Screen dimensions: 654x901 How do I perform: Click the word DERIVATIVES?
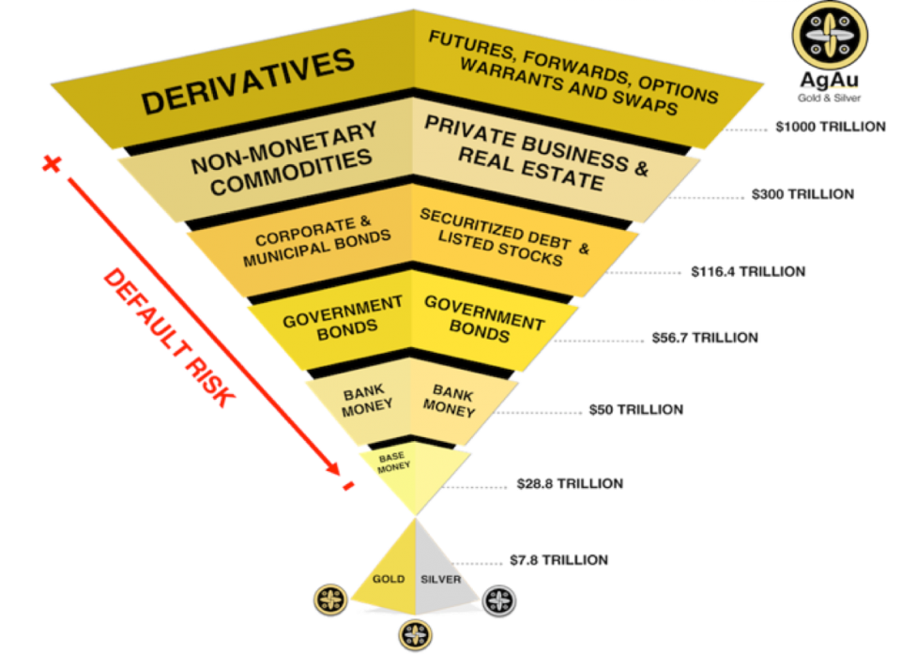pos(249,84)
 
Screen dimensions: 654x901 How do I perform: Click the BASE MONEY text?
pos(394,461)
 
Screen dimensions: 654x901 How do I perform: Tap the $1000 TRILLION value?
pos(831,126)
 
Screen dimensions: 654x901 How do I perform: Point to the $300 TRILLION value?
pos(803,194)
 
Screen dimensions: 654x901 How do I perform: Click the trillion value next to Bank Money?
pos(635,410)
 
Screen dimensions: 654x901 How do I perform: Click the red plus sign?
pos(49,165)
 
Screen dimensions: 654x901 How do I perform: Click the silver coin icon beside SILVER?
pos(500,601)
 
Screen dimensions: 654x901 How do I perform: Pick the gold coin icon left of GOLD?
pos(330,601)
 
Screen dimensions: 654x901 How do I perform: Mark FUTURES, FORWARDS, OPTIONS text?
pos(573,55)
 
